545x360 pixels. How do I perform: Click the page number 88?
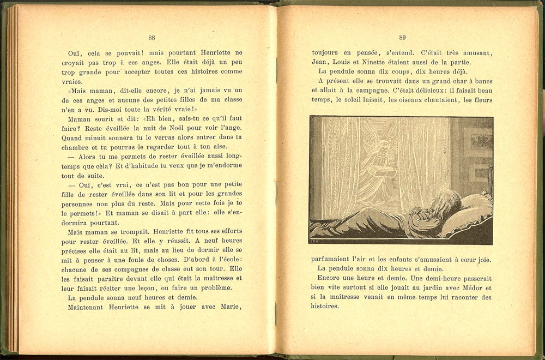click(x=152, y=38)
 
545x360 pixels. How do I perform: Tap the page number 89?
click(x=402, y=38)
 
